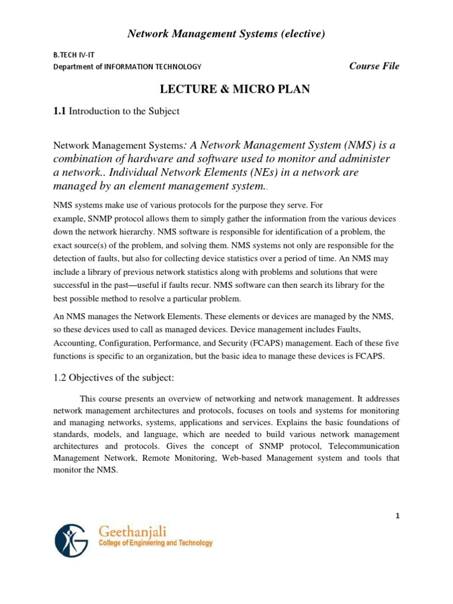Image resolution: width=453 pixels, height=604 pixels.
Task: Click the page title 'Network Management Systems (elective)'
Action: click(x=226, y=35)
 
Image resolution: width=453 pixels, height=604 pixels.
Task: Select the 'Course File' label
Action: click(x=374, y=66)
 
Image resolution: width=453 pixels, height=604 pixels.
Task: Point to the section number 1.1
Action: click(x=60, y=111)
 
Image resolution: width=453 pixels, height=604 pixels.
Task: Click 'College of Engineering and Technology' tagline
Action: click(x=153, y=543)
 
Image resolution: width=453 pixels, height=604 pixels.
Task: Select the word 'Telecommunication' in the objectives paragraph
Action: click(x=363, y=446)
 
